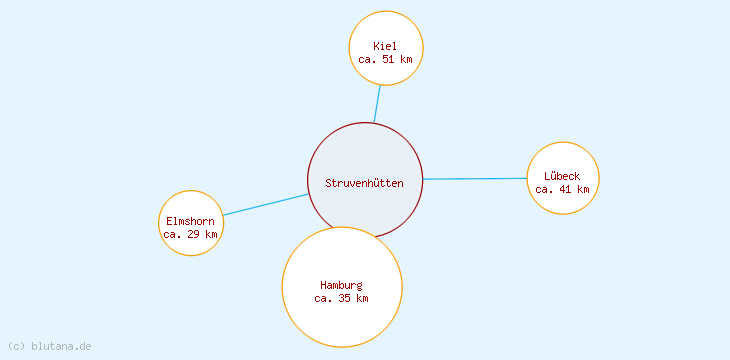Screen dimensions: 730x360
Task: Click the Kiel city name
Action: (385, 46)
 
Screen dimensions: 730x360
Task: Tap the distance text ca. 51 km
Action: (385, 59)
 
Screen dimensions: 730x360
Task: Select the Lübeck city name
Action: (562, 176)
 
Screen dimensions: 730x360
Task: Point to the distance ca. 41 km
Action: (562, 189)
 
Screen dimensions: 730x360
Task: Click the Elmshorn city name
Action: (190, 221)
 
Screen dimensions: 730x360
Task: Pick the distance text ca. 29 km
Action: (190, 234)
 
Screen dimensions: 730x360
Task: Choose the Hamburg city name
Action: (341, 285)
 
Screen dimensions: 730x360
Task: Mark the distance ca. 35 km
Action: (341, 298)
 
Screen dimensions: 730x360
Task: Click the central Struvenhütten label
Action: (364, 183)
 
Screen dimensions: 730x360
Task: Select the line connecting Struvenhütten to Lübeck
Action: (475, 179)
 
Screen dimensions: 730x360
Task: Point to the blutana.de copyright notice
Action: (49, 346)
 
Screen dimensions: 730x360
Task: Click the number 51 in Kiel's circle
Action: (388, 59)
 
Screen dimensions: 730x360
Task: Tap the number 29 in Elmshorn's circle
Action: (193, 234)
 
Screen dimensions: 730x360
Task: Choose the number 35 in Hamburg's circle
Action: (344, 298)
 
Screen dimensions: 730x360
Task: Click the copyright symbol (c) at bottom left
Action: (16, 346)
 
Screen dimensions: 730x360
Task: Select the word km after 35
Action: (361, 298)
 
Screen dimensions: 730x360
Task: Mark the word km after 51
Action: (405, 59)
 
